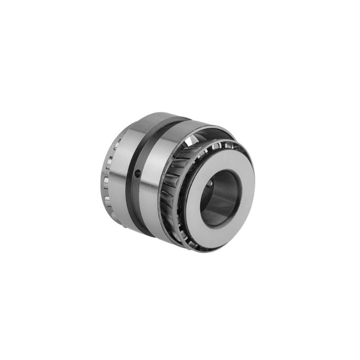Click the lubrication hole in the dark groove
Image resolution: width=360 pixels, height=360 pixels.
point(138,173)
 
